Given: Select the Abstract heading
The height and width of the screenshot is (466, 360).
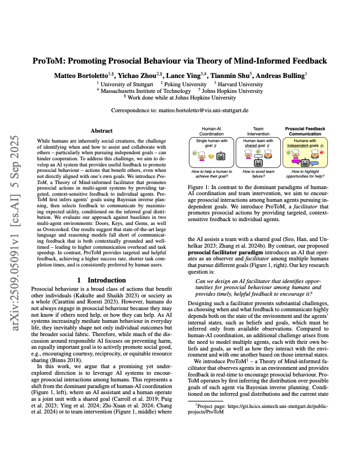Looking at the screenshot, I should tap(101, 130).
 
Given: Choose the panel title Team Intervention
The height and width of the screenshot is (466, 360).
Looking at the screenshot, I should tap(254, 132).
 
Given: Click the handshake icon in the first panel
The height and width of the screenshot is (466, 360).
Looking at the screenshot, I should tap(211, 156).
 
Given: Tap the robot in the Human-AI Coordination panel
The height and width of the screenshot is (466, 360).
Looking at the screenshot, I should tap(221, 156).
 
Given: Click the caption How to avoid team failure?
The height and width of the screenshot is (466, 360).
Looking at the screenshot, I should tap(254, 176).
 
